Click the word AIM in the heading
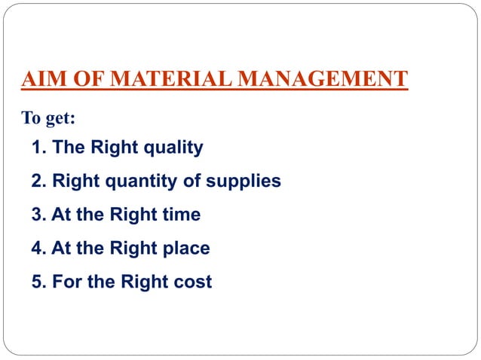point(41,78)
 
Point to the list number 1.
point(38,147)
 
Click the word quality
point(174,147)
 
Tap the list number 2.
point(38,181)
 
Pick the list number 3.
point(38,215)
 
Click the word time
point(181,215)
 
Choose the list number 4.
point(38,248)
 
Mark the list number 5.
point(38,282)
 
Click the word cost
point(194,282)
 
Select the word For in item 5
point(66,282)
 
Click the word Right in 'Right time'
point(133,215)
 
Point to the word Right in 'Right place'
point(133,248)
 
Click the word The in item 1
point(68,147)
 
